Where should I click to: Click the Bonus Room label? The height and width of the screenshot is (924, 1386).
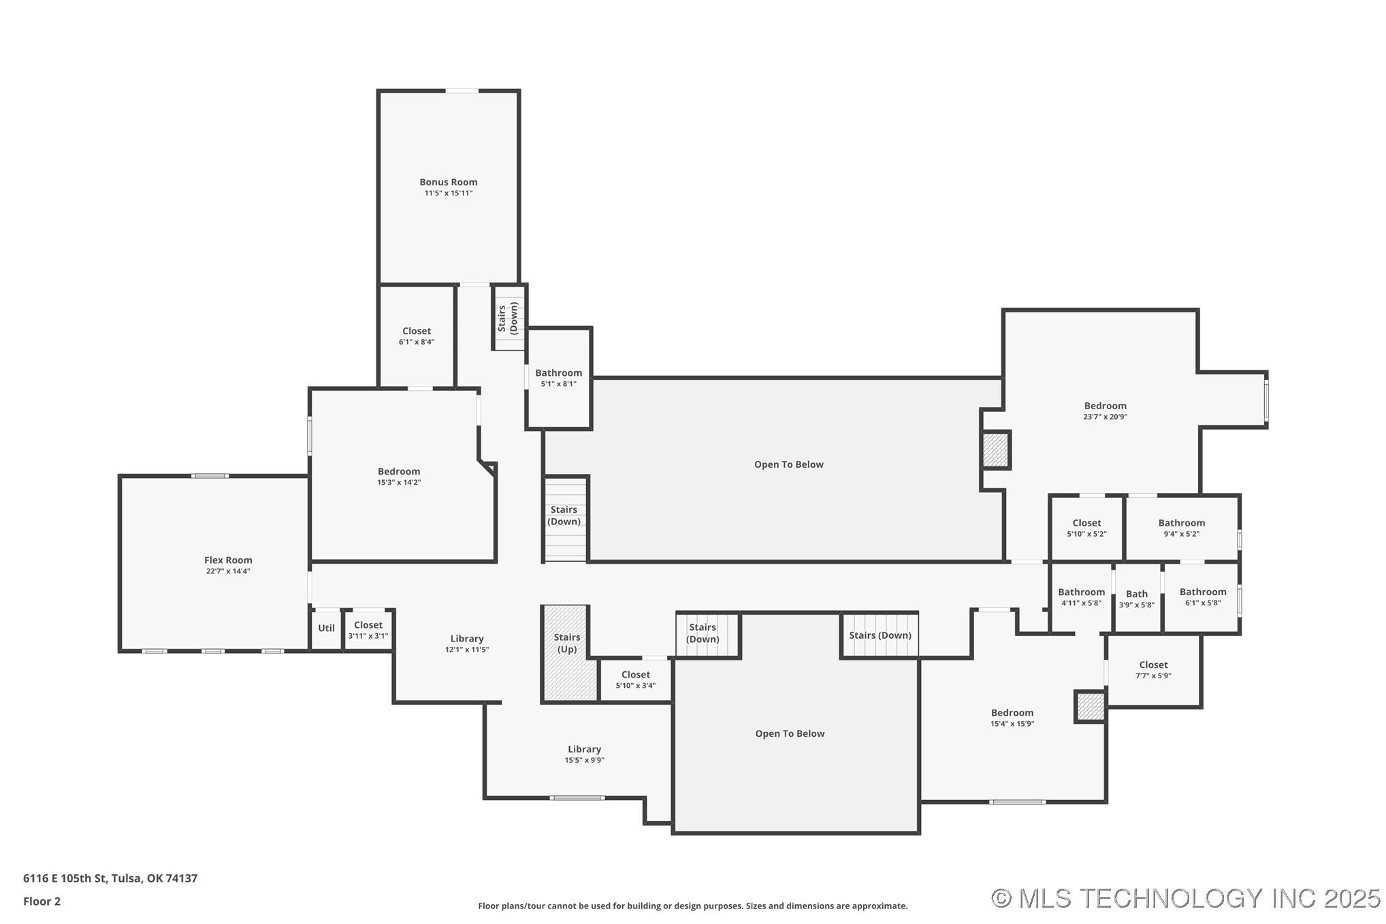pos(448,182)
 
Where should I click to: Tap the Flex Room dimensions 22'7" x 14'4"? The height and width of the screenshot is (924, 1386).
pos(228,571)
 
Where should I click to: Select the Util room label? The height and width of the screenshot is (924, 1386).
pos(326,628)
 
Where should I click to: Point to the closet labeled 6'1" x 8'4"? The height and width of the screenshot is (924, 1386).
pos(416,336)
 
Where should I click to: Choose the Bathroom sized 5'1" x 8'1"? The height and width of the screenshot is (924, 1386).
pos(558,378)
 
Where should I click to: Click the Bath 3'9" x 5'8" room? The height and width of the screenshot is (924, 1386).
pos(1136,599)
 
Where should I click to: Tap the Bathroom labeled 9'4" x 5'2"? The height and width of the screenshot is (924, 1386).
pos(1181,528)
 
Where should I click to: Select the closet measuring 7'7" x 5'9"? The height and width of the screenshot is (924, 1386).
pos(1153,669)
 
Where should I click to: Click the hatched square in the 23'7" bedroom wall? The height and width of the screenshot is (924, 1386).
pos(995,449)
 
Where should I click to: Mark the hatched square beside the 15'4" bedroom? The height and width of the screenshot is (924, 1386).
pos(1089,707)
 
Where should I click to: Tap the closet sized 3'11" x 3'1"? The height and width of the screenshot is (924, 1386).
pos(368,630)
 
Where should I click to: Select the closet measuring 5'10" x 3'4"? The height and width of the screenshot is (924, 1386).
pos(635,680)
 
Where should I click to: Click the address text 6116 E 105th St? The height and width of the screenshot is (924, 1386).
pos(110,878)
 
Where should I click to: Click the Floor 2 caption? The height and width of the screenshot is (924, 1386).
pos(42,901)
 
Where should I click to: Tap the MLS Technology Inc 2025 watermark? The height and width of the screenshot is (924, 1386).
pos(1185,898)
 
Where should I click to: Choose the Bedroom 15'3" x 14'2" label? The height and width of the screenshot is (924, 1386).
pos(399,476)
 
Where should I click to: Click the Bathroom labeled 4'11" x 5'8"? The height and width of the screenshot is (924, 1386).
pos(1080,596)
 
